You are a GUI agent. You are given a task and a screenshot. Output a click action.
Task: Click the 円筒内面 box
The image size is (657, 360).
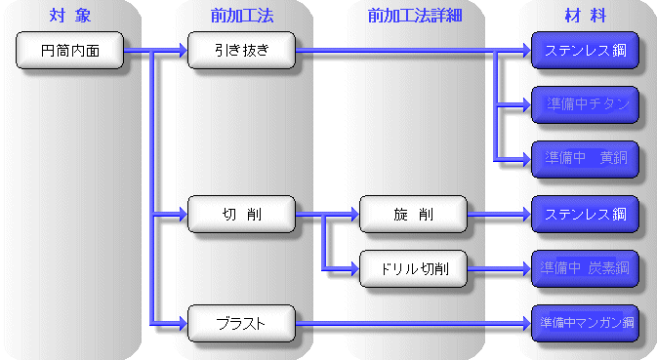[71, 49]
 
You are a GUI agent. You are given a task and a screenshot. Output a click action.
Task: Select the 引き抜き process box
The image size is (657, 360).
[240, 49]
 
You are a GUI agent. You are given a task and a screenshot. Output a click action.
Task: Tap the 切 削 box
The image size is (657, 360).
[240, 213]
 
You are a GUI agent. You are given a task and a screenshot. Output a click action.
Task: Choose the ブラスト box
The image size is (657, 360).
[240, 321]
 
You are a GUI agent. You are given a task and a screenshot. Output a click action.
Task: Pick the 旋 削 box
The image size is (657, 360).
[413, 213]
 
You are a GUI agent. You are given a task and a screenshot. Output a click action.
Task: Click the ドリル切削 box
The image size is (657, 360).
[413, 267]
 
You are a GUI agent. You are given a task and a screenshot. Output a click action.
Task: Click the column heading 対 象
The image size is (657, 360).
[70, 14]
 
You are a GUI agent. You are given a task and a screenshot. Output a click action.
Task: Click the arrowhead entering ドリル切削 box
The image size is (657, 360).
[352, 267]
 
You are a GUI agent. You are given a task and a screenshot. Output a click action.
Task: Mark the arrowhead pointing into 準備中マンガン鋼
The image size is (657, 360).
[524, 321]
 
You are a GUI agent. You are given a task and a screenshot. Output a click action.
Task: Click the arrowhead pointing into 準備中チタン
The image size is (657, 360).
[524, 103]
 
